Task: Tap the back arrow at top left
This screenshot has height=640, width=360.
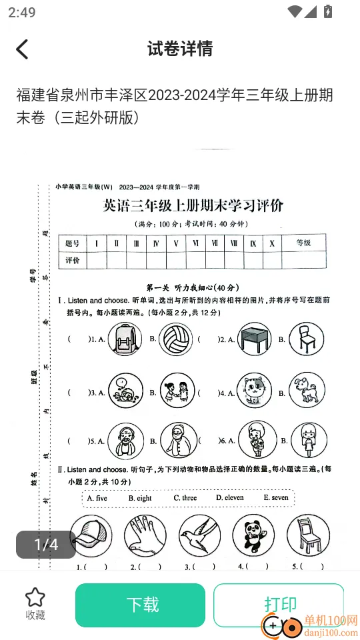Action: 23,49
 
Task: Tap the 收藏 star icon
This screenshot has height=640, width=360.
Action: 35,598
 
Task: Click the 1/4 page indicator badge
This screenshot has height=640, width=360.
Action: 46,545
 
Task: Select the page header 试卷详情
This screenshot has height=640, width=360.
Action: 180,49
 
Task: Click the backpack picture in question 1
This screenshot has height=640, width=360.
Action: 124,338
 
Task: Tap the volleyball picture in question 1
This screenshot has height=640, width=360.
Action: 176,338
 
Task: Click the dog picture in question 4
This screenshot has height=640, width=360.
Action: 306,389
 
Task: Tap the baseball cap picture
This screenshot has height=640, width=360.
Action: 90,536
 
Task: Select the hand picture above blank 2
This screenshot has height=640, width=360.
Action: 145,536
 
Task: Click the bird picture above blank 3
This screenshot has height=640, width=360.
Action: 199,536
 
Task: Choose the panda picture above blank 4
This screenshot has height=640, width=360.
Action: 253,536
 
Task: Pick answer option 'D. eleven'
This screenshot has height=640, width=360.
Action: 229,498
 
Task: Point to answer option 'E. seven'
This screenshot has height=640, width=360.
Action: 275,498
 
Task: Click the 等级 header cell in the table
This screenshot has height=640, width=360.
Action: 302,243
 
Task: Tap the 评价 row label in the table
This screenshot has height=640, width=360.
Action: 73,260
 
